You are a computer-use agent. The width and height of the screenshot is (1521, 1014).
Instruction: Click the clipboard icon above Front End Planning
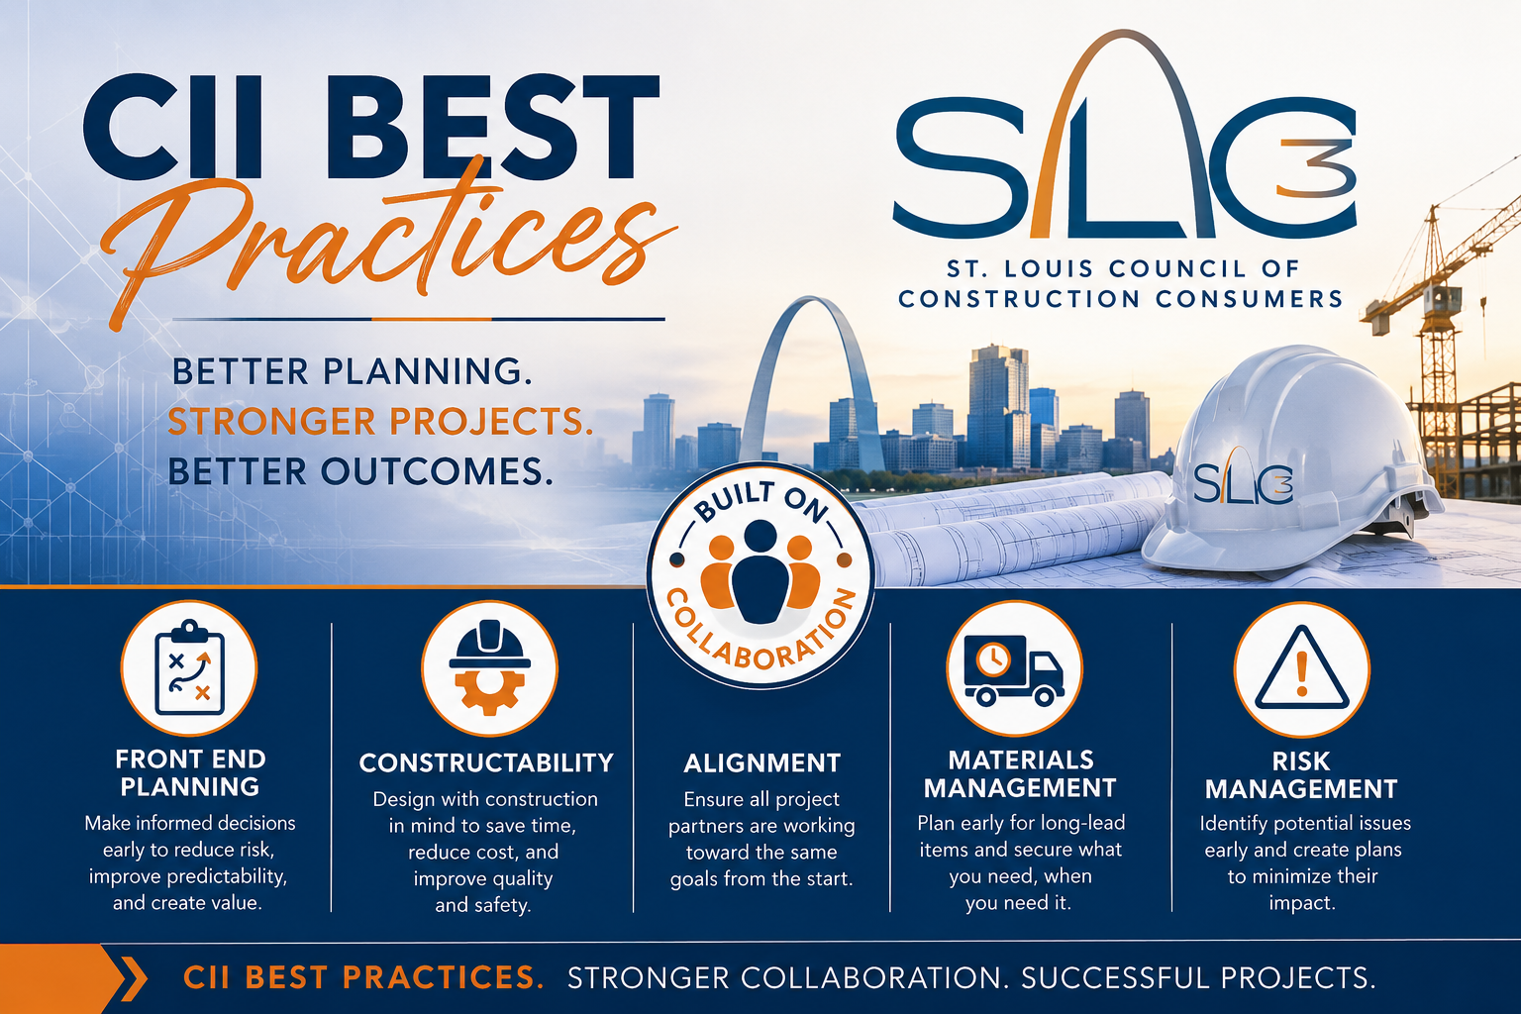(x=189, y=667)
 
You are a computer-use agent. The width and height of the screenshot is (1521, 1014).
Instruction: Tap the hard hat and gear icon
(x=489, y=667)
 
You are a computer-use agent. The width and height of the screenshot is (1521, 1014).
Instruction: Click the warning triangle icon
(x=1301, y=669)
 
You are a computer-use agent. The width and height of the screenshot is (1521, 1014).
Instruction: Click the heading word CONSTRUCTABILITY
(x=486, y=762)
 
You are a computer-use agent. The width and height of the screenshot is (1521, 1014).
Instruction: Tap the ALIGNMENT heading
(x=761, y=763)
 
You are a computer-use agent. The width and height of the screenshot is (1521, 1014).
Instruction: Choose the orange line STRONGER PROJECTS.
(x=380, y=421)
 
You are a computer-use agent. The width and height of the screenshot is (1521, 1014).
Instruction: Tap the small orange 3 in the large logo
(x=1316, y=168)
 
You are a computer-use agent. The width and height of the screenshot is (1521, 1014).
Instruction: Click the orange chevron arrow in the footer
(x=133, y=978)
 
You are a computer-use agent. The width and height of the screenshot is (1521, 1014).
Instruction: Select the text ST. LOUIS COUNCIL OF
(x=1122, y=268)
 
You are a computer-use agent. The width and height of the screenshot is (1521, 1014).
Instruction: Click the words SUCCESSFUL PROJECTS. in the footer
(x=1198, y=978)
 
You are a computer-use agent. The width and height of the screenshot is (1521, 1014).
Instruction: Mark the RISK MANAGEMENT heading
(x=1301, y=775)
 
